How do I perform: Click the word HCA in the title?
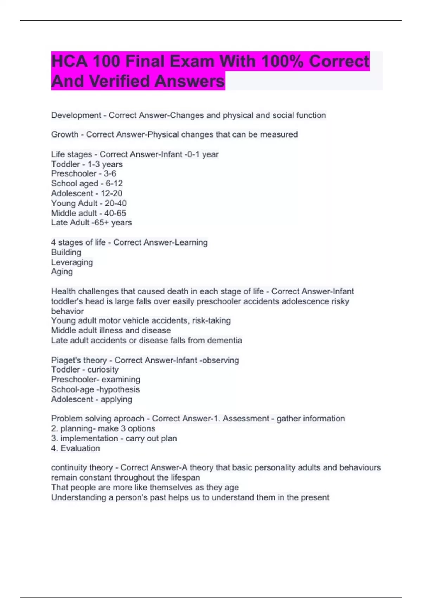69,62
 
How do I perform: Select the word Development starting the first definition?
76,115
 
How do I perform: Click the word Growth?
65,134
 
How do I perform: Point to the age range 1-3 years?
105,164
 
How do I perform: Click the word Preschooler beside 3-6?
74,174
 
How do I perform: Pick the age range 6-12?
114,184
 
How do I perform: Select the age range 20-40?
116,203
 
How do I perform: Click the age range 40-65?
115,213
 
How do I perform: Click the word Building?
66,253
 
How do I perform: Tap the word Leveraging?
72,262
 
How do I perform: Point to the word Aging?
62,272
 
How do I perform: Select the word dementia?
224,341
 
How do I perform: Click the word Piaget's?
64,361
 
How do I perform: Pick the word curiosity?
103,370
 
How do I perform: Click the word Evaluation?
80,448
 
